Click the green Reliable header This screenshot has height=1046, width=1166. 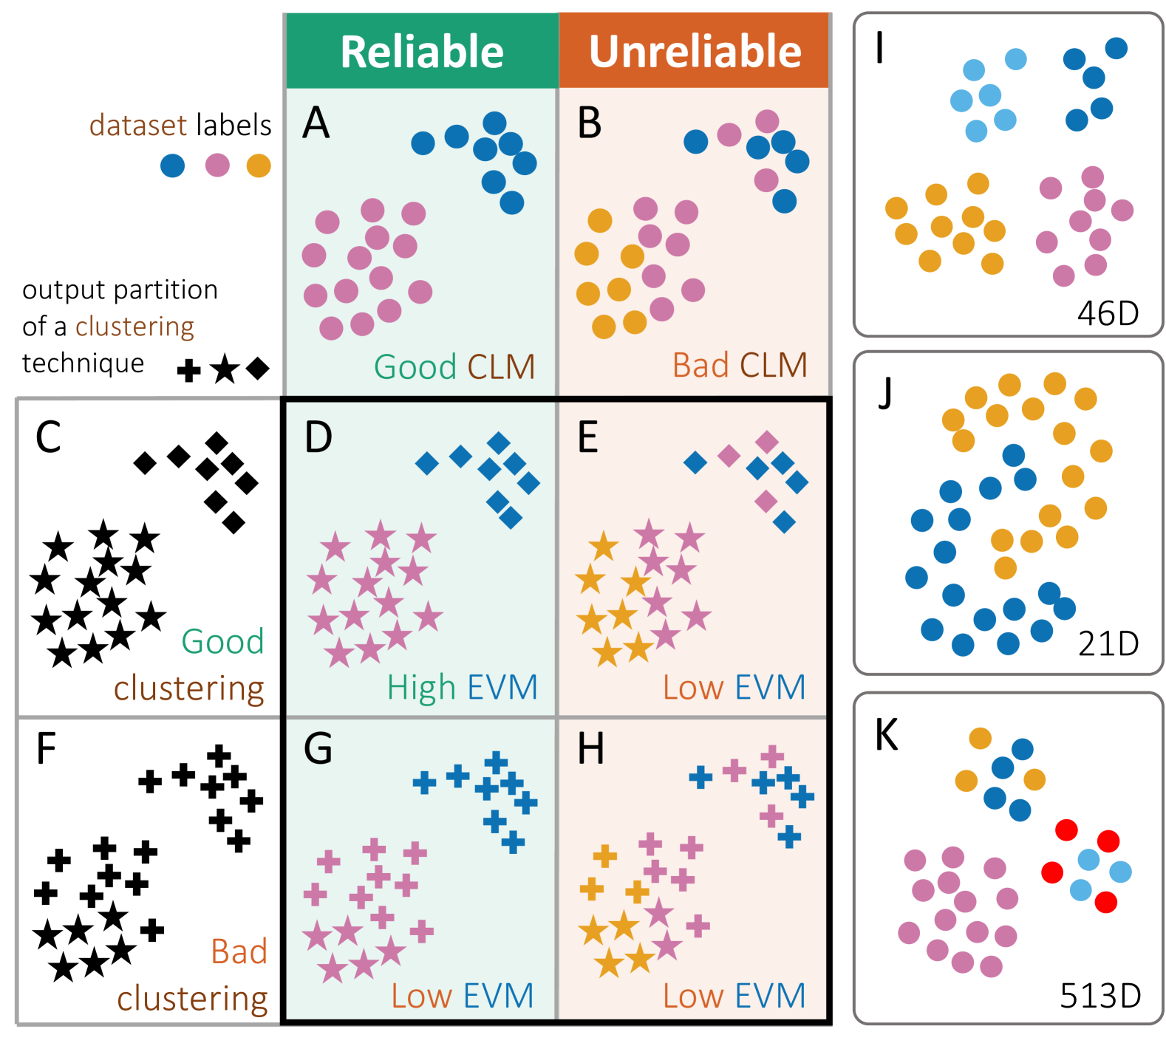[x=422, y=51]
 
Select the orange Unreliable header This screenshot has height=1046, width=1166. [x=695, y=51]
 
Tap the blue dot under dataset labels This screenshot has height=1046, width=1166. [x=172, y=165]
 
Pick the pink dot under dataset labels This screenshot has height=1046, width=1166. [x=217, y=165]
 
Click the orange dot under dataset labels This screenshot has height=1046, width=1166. [x=259, y=165]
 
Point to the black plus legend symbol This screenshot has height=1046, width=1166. [x=189, y=370]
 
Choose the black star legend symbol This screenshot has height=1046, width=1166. [x=225, y=369]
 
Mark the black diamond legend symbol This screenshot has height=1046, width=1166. [x=257, y=368]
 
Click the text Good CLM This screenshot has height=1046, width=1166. [x=454, y=366]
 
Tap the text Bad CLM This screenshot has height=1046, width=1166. [x=739, y=365]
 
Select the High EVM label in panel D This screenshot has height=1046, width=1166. [x=462, y=687]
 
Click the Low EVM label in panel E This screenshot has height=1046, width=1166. [x=734, y=687]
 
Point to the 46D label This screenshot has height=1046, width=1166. [x=1108, y=314]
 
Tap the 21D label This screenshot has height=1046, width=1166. [x=1108, y=644]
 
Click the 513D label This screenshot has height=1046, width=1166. [x=1099, y=996]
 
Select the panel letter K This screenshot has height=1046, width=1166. [x=886, y=736]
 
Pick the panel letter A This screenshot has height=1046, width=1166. [x=316, y=123]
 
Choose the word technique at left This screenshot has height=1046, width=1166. [x=83, y=363]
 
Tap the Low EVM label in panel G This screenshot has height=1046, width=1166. [x=462, y=996]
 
